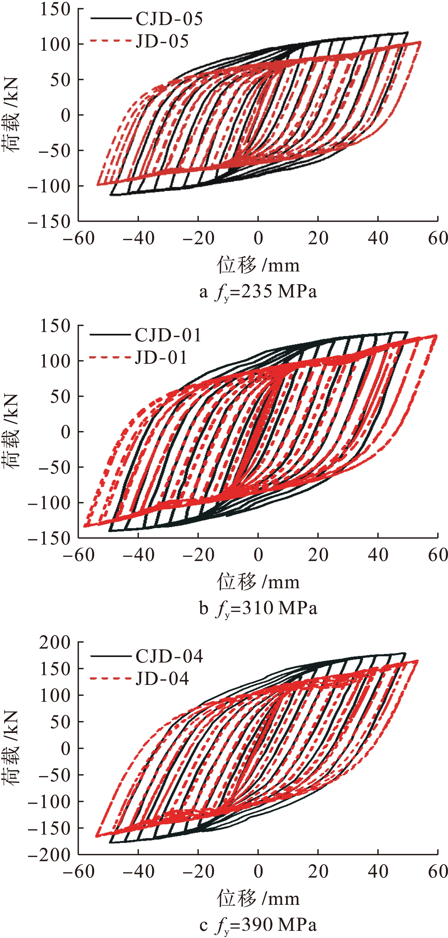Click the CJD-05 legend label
169,19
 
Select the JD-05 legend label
162,42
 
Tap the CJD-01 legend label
168,335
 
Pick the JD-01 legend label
161,358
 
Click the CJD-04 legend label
169,656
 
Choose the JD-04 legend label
162,678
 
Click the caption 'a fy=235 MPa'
258,292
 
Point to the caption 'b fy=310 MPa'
258,608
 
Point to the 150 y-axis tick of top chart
55,9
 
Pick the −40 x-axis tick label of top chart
138,238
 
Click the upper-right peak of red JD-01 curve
436,336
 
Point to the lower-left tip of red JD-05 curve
98,185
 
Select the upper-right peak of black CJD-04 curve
404,653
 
